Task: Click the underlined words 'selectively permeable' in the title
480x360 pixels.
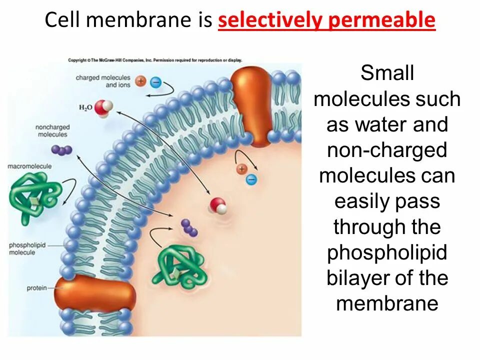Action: (x=327, y=20)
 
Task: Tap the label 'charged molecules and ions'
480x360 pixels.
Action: (x=103, y=81)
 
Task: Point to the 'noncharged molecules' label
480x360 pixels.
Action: (x=51, y=131)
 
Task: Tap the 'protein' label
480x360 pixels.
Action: (x=36, y=288)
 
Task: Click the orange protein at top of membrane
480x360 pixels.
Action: (x=253, y=105)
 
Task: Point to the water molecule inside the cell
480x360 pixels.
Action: (x=218, y=205)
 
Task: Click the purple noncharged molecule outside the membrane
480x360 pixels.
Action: (x=62, y=150)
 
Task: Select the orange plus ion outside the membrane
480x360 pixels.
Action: (x=141, y=81)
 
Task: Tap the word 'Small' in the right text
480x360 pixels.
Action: (x=387, y=73)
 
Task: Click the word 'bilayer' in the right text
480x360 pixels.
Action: (x=356, y=278)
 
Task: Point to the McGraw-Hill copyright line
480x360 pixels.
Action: (x=155, y=60)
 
